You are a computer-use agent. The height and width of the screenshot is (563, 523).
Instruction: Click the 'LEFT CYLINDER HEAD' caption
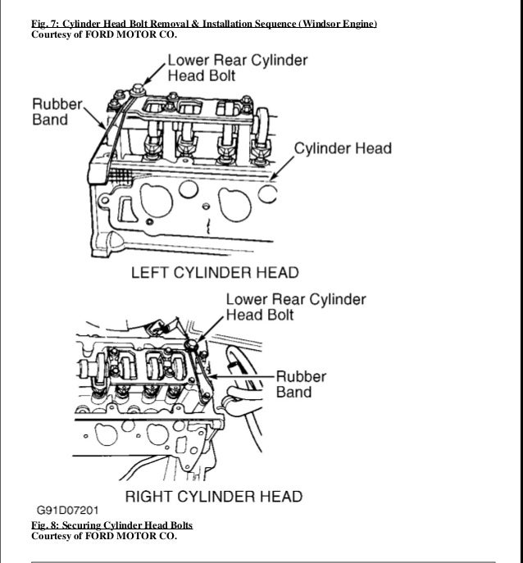[216, 271]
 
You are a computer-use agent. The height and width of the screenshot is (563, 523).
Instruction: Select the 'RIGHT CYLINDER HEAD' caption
[212, 496]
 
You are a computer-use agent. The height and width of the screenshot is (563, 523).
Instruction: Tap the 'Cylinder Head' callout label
[343, 149]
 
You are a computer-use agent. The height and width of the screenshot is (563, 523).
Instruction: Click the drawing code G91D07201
[66, 509]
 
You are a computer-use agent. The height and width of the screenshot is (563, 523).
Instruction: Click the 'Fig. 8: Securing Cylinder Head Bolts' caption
[111, 524]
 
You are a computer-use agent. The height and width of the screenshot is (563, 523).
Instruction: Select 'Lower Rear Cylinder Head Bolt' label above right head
[296, 306]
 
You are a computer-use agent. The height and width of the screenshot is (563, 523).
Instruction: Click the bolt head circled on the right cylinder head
[191, 347]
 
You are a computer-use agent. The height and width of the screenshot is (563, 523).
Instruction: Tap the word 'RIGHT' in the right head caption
[148, 496]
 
